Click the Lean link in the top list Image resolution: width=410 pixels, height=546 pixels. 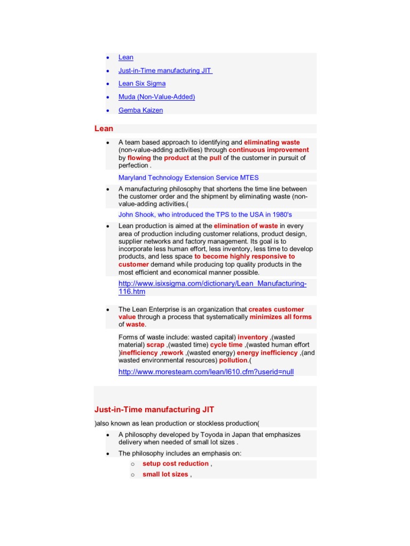(126, 58)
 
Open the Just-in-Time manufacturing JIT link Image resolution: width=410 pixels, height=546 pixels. (165, 70)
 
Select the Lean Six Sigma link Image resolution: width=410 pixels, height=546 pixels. (142, 84)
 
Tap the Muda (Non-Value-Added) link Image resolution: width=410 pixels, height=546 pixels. (156, 97)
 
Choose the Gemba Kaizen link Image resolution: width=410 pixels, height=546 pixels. (140, 110)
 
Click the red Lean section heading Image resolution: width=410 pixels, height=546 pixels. (104, 129)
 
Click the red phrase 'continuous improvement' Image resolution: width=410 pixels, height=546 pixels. (269, 150)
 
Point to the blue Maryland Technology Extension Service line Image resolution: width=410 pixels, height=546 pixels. (188, 178)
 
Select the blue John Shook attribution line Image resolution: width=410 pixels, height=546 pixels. (205, 215)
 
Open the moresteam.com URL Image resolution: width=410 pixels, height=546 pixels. (206, 372)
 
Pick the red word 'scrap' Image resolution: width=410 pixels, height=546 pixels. (155, 345)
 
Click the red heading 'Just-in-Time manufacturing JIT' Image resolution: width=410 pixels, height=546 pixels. (154, 409)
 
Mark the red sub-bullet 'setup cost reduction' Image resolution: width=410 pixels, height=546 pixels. (175, 464)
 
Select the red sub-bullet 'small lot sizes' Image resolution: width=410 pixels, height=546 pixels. (165, 475)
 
